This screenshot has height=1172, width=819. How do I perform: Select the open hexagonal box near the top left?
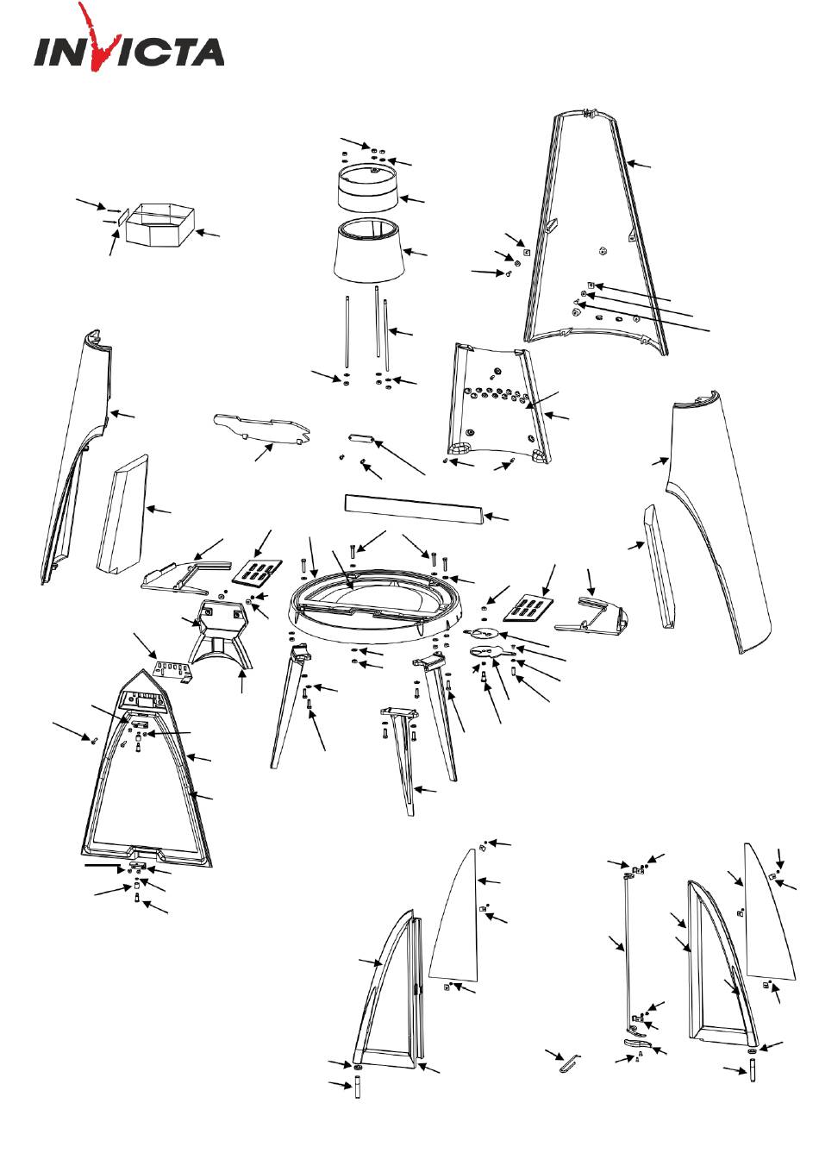coord(160,224)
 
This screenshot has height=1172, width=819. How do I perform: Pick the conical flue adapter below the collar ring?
coord(369,250)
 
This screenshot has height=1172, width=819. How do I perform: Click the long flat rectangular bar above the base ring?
coord(414,509)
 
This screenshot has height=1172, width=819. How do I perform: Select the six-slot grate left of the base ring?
coord(257,572)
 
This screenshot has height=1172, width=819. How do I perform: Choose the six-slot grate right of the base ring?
coord(528,607)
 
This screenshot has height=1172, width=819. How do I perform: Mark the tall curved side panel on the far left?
coord(78,455)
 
